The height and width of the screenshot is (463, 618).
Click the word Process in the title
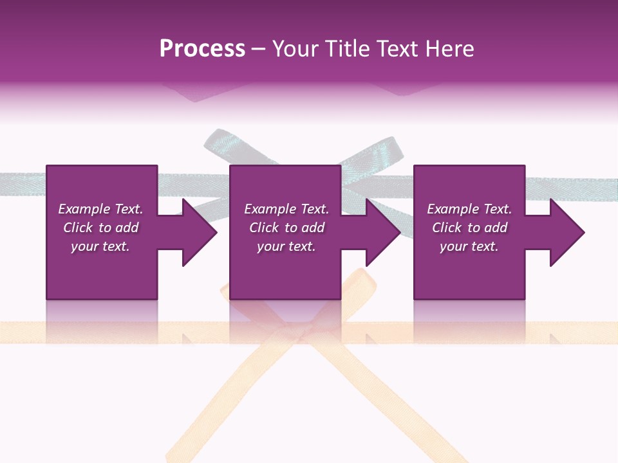click(202, 49)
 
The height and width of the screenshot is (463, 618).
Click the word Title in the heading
click(345, 49)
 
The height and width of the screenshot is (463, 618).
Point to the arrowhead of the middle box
click(382, 232)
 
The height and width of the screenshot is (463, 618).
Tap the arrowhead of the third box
click(566, 232)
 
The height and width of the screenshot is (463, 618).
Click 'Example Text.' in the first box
click(100, 209)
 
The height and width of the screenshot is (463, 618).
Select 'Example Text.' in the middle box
click(286, 209)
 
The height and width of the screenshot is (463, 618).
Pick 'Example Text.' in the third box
click(469, 209)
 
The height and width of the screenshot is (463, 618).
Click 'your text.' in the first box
click(100, 246)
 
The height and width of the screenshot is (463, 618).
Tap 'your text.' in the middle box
click(286, 246)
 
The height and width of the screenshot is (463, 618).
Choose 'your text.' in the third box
click(469, 246)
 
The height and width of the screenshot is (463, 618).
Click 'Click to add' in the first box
click(100, 228)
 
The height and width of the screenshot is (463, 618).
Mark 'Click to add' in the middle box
click(286, 228)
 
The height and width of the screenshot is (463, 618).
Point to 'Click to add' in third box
click(469, 228)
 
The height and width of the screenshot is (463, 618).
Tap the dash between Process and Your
click(259, 50)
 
